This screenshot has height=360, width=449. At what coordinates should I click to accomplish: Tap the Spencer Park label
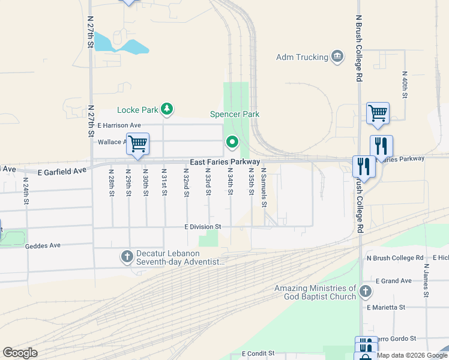tap(234, 114)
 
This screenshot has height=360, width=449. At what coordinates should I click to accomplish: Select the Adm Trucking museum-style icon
tap(337, 57)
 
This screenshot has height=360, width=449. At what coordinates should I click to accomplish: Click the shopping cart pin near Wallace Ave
tap(138, 144)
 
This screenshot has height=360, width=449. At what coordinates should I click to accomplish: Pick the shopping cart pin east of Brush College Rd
tap(378, 113)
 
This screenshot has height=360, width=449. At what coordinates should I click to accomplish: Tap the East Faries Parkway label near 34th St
tap(225, 162)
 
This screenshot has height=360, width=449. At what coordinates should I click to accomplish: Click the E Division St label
tap(203, 227)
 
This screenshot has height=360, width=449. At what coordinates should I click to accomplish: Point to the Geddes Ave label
tap(43, 245)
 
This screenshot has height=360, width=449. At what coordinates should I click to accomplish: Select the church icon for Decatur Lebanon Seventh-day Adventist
tap(127, 257)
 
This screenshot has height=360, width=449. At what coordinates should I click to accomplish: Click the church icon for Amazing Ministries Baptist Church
tap(366, 293)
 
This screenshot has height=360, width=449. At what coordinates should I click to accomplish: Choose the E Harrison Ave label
tap(121, 125)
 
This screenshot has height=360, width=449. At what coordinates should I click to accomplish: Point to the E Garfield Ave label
tap(62, 171)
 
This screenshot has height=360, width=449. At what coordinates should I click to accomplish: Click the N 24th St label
tap(26, 190)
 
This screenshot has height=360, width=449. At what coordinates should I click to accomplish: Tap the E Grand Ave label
tap(394, 281)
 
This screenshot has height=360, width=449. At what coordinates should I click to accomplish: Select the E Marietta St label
tap(386, 307)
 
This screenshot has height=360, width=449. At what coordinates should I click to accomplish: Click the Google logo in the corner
tap(20, 353)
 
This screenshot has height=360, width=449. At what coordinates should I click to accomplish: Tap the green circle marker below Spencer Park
tap(232, 142)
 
